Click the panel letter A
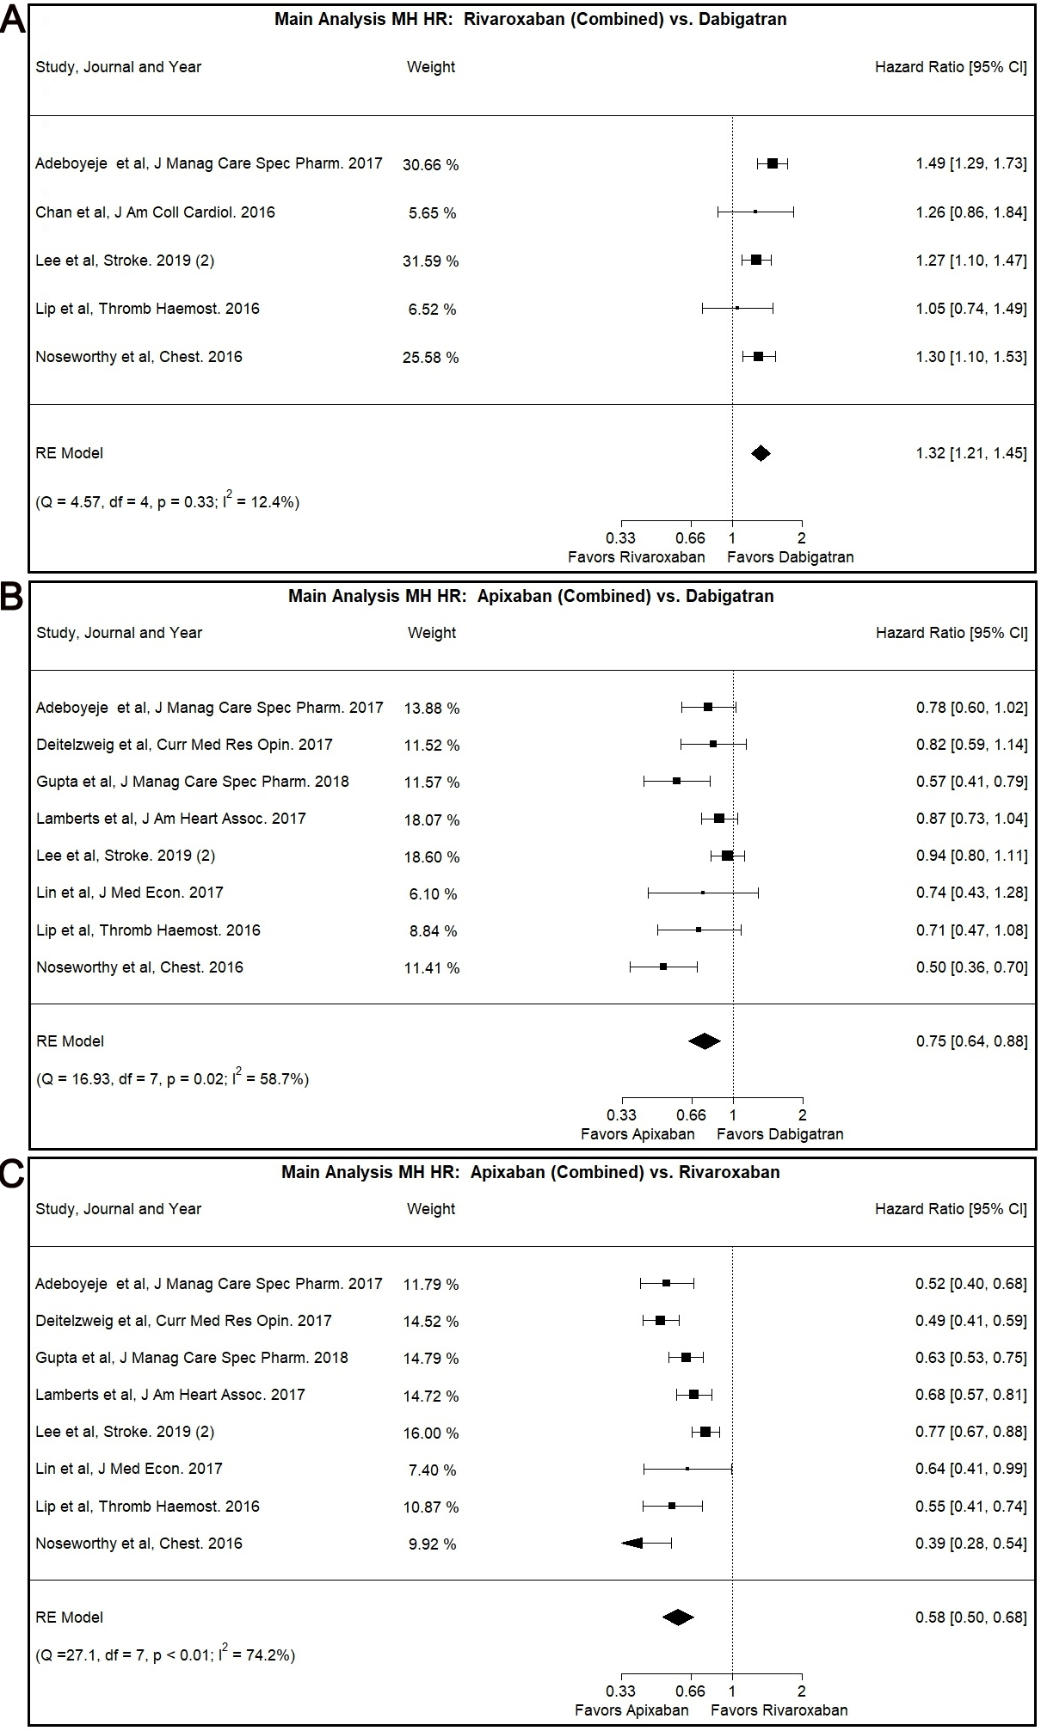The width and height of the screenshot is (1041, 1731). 13,20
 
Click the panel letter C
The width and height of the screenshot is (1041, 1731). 13,1174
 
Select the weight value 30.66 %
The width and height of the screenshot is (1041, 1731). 430,164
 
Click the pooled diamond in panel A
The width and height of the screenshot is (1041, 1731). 761,453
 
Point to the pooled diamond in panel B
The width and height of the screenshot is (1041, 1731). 705,1040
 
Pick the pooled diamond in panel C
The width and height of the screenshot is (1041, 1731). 678,1617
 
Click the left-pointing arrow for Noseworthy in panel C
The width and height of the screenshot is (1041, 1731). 632,1543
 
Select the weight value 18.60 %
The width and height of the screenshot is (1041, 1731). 432,856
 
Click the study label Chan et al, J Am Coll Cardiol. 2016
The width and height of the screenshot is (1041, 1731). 155,212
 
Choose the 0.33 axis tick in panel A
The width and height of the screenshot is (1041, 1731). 621,537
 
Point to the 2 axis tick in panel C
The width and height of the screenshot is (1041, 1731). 802,1691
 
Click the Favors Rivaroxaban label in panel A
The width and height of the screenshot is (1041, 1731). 636,556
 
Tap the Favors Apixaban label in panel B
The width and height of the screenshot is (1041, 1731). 638,1133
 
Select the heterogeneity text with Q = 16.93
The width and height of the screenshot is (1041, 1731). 172,1078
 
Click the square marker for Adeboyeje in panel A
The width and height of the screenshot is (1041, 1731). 773,163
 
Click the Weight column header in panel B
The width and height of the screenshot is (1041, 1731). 432,633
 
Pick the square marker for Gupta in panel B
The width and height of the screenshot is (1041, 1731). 676,781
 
